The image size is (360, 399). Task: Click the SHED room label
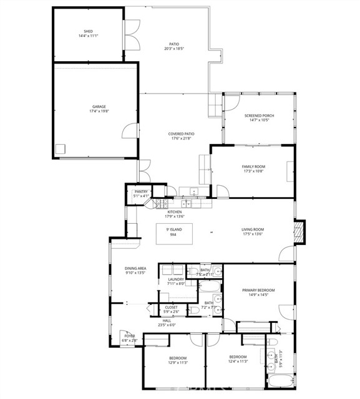pyautogui.click(x=88, y=31)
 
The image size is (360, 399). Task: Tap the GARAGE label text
pyautogui.click(x=94, y=107)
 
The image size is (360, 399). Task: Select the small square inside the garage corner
pyautogui.click(x=61, y=150)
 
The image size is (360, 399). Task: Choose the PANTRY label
pyautogui.click(x=140, y=191)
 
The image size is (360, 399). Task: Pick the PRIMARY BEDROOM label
pyautogui.click(x=258, y=290)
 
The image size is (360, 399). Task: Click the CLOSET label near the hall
pyautogui.click(x=171, y=307)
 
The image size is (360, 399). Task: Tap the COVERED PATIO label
pyautogui.click(x=181, y=134)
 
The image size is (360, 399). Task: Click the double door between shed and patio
pyautogui.click(x=132, y=38)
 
